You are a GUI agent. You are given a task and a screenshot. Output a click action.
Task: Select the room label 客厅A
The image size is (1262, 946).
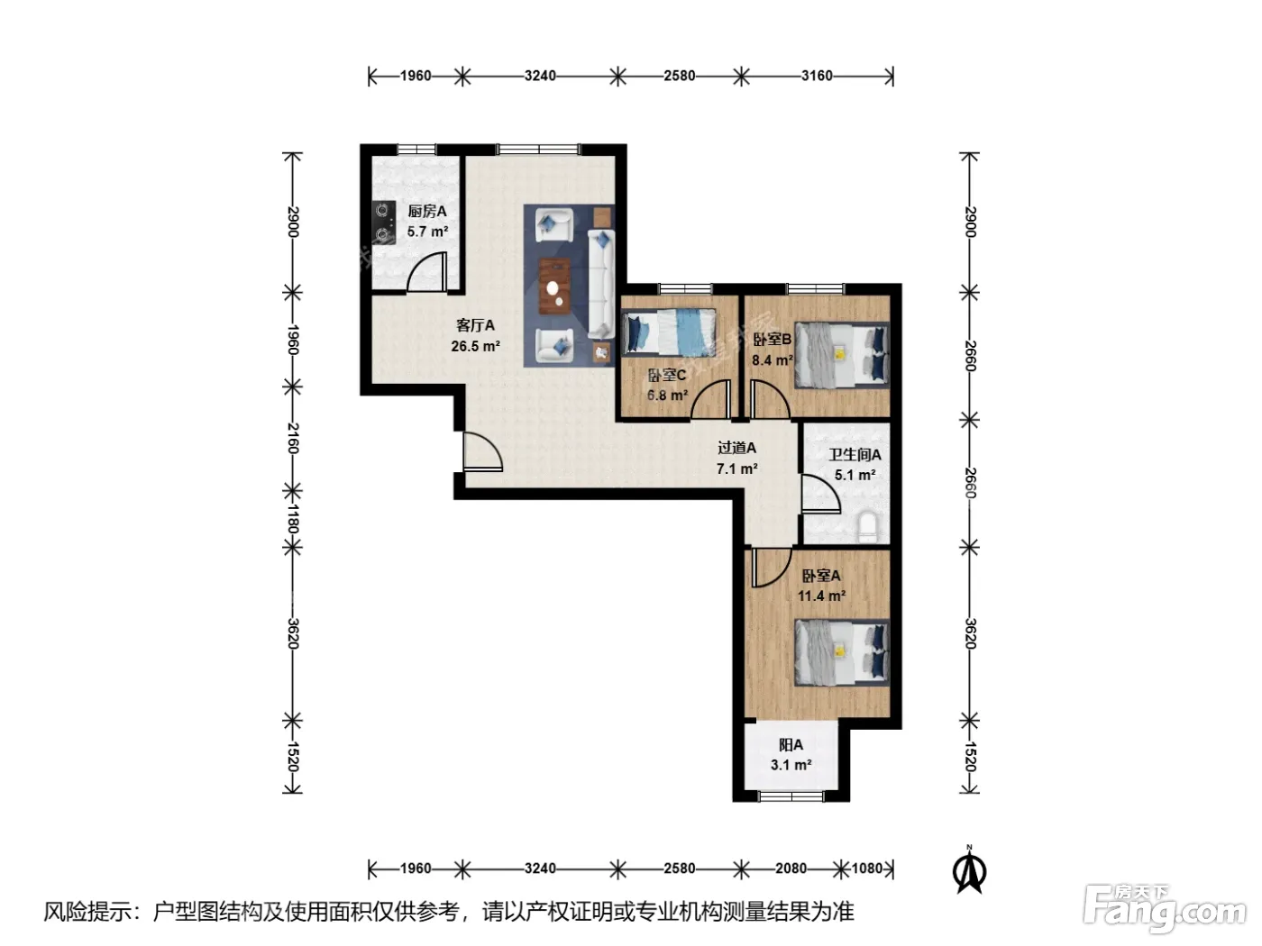point(475,325)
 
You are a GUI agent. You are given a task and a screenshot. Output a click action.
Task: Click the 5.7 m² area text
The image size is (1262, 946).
point(428,232)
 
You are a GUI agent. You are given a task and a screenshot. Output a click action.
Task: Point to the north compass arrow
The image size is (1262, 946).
point(969,870)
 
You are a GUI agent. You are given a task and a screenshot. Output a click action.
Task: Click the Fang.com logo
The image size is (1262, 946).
point(1164,910)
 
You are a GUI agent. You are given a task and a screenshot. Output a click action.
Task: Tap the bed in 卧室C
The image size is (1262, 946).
point(669,332)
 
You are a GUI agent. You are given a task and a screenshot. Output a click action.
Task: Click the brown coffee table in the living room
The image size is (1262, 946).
point(554,286)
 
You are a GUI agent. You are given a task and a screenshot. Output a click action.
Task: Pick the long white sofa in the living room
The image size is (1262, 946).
point(601,284)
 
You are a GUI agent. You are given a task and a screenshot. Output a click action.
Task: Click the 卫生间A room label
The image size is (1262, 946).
point(855,455)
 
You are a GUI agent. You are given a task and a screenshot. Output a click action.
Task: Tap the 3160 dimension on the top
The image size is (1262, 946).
point(817,76)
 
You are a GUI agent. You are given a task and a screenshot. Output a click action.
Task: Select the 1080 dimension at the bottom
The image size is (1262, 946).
point(866,868)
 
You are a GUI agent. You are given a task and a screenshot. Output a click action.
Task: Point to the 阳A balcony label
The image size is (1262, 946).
point(791,745)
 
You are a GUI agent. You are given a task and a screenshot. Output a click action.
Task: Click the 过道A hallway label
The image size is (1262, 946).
point(736,448)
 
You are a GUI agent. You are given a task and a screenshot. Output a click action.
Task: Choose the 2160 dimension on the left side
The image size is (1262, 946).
point(293,438)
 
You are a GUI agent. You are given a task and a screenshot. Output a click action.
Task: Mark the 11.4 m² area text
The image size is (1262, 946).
point(821,596)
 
